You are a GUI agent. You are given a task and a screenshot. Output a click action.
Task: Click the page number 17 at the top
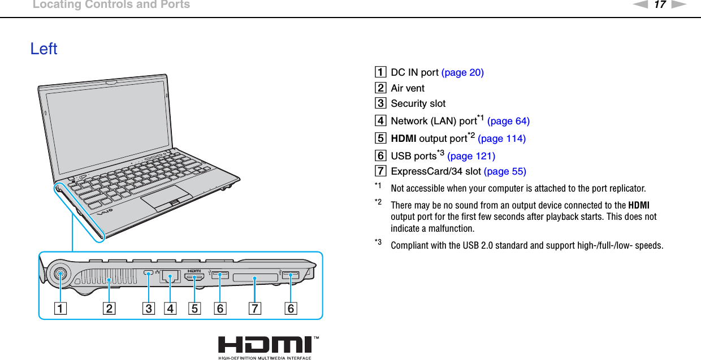660,5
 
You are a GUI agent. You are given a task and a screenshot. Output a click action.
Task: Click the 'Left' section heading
44,49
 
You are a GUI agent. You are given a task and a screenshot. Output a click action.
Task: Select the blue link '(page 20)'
462,72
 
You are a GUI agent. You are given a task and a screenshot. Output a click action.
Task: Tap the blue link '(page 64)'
508,121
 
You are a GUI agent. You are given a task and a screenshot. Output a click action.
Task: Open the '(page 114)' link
501,138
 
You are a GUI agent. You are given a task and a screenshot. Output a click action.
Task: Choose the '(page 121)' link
471,156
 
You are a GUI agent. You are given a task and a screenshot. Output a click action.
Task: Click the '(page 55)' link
505,171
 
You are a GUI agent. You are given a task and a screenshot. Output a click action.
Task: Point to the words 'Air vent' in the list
408,88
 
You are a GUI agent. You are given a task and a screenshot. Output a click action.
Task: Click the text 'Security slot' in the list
418,103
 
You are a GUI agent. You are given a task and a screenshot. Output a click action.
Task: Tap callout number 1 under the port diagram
60,309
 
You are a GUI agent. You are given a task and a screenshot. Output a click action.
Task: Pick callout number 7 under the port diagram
255,309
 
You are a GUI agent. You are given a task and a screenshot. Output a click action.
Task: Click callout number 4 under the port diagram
170,309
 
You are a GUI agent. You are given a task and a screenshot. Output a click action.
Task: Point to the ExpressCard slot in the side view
254,277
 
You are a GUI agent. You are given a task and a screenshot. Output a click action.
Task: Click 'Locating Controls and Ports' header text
111,5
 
